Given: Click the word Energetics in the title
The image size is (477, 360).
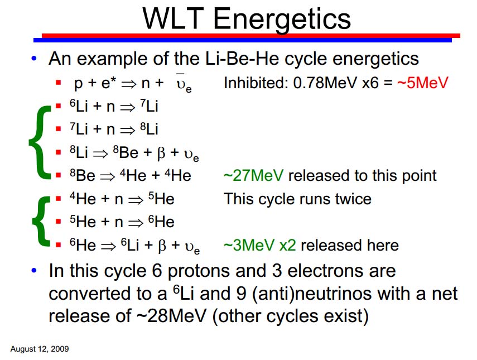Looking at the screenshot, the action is (x=282, y=19).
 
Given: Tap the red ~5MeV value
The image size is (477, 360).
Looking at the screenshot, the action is (x=422, y=83).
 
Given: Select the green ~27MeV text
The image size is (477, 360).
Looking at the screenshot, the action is (x=253, y=176).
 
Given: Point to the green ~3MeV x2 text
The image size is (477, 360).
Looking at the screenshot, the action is (x=259, y=245).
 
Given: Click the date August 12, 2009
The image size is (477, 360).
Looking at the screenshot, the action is (x=40, y=349).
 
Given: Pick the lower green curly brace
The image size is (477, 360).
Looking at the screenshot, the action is (x=42, y=221).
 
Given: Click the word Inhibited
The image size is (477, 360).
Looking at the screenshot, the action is (x=256, y=83).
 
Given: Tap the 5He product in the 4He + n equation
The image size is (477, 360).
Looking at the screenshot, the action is (x=161, y=199).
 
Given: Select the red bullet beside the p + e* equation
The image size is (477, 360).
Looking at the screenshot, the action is (x=59, y=83).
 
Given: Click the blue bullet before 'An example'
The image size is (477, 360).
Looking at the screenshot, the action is (x=34, y=59).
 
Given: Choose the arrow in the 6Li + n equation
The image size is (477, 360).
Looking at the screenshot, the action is (x=127, y=107).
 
